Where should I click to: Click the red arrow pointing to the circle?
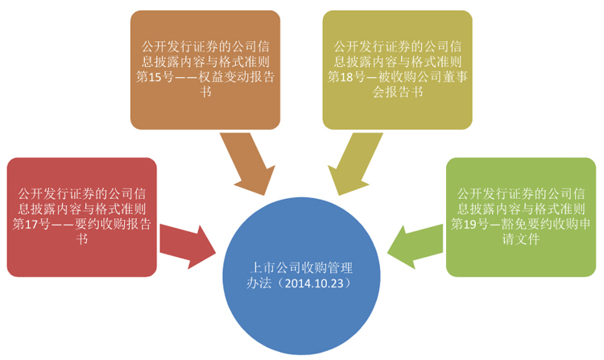(188, 246)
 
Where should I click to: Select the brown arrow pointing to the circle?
(250, 163)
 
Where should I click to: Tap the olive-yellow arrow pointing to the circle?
(354, 163)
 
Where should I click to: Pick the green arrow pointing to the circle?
(416, 246)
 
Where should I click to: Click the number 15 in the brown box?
(155, 77)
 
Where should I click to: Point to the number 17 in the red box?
(31, 224)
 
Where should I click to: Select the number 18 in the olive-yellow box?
(346, 77)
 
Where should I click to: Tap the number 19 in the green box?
(470, 224)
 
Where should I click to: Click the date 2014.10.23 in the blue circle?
(314, 283)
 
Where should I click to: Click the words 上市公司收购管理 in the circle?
(302, 267)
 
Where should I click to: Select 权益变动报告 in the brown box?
(236, 77)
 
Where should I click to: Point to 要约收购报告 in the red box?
(113, 224)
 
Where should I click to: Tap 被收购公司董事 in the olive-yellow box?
(423, 77)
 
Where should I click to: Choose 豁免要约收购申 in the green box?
(546, 224)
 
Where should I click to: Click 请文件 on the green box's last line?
(521, 239)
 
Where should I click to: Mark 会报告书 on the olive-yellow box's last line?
(398, 93)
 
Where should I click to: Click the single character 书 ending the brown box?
(205, 93)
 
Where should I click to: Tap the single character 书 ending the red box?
(82, 239)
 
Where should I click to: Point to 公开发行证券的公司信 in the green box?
(521, 193)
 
